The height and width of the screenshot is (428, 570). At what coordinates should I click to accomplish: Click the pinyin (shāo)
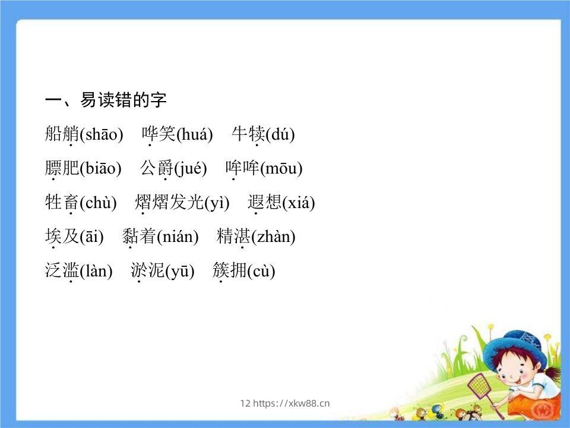101,135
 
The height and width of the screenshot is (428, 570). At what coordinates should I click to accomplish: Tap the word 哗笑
159,135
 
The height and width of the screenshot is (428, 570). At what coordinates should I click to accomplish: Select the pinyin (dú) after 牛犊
280,135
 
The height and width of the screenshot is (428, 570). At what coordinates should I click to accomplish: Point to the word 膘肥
62,169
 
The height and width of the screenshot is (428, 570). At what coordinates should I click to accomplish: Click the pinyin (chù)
98,203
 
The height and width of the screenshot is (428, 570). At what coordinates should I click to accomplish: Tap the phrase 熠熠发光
169,203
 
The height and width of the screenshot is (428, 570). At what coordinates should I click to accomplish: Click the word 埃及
62,237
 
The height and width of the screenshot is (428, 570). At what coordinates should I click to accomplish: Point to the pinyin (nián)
178,237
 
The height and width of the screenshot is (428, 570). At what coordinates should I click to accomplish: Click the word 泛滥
62,272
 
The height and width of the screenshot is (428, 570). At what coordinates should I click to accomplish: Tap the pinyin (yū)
180,272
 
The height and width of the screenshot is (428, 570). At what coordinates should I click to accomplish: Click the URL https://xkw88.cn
291,404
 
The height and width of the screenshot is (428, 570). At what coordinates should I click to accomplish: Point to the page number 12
245,404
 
